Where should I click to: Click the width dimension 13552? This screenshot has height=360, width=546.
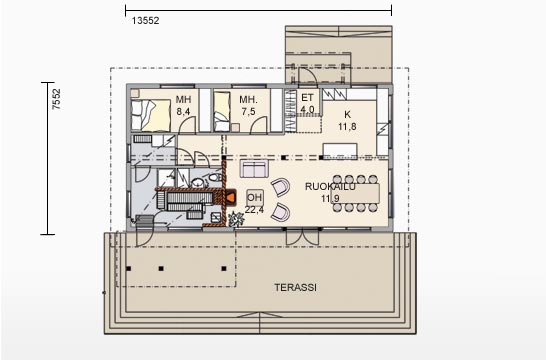click(146, 21)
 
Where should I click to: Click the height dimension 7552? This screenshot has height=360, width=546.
click(56, 99)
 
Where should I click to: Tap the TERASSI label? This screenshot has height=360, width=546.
click(295, 288)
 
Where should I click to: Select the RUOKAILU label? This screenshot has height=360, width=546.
click(330, 187)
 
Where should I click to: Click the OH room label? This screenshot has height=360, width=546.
click(254, 198)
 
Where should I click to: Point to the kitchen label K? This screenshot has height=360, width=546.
click(347, 114)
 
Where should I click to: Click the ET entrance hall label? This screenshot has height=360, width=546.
click(307, 98)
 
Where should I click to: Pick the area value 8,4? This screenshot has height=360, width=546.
click(183, 112)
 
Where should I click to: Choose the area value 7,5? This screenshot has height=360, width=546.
click(248, 112)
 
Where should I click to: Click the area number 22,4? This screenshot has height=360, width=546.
click(254, 210)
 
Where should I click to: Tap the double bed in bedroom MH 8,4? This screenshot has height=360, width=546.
click(151, 115)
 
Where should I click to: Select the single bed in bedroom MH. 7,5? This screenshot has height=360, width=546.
click(222, 112)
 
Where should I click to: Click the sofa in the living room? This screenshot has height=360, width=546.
click(254, 169)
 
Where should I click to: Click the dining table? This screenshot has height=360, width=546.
click(355, 193)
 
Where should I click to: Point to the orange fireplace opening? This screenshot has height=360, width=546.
click(230, 198)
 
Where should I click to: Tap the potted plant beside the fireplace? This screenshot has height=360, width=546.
click(236, 219)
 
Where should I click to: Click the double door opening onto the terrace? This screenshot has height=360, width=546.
click(302, 237)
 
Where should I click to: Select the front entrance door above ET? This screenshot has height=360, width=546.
click(308, 77)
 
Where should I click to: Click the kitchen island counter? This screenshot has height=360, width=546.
click(340, 150)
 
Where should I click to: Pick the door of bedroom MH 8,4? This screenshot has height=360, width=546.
click(187, 125)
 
